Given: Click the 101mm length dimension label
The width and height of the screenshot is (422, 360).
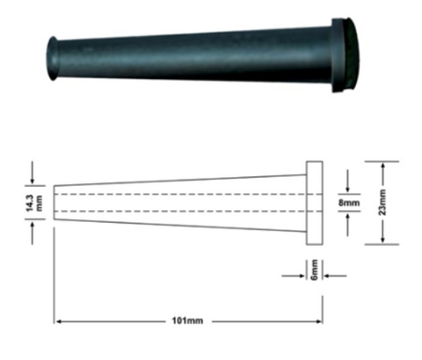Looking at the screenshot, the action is point(187,320).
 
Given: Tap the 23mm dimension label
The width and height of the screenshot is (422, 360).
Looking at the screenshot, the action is point(382,202).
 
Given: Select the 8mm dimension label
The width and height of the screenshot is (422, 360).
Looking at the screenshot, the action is point(349,202).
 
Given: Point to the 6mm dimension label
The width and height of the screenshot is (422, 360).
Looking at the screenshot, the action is point(314,269).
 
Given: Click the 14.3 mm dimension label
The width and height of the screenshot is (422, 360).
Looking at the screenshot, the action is point(34,203).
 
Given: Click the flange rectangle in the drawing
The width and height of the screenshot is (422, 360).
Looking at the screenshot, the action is point(315,202).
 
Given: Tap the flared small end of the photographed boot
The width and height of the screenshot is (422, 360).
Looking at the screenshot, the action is point(53,58).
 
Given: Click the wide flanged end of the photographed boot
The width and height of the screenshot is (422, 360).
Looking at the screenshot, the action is point(346,55).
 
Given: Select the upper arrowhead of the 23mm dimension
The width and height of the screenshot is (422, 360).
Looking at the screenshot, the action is point(382,165).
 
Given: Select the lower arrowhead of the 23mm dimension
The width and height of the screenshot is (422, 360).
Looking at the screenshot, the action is point(382,240).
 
